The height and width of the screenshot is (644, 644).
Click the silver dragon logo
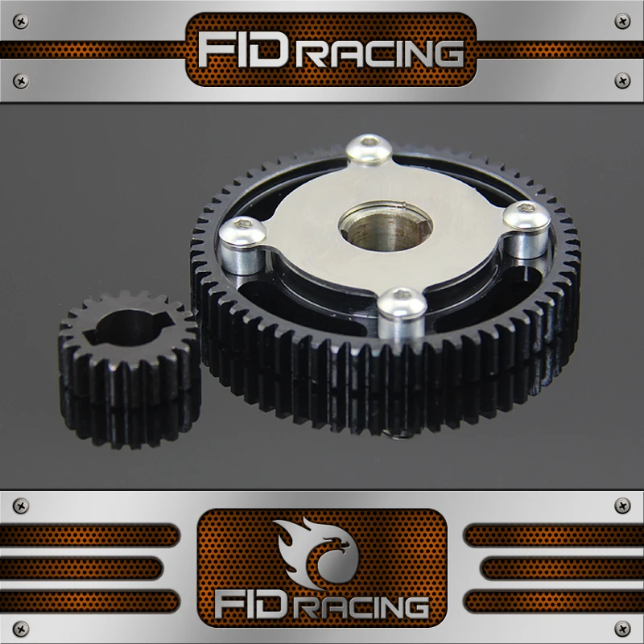point(320,555)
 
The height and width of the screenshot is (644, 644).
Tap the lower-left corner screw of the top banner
point(22,80)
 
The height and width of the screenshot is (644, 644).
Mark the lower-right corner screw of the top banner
point(621,80)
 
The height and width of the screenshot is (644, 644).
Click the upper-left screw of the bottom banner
point(22,505)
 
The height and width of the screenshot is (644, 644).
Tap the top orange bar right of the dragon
point(554,535)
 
